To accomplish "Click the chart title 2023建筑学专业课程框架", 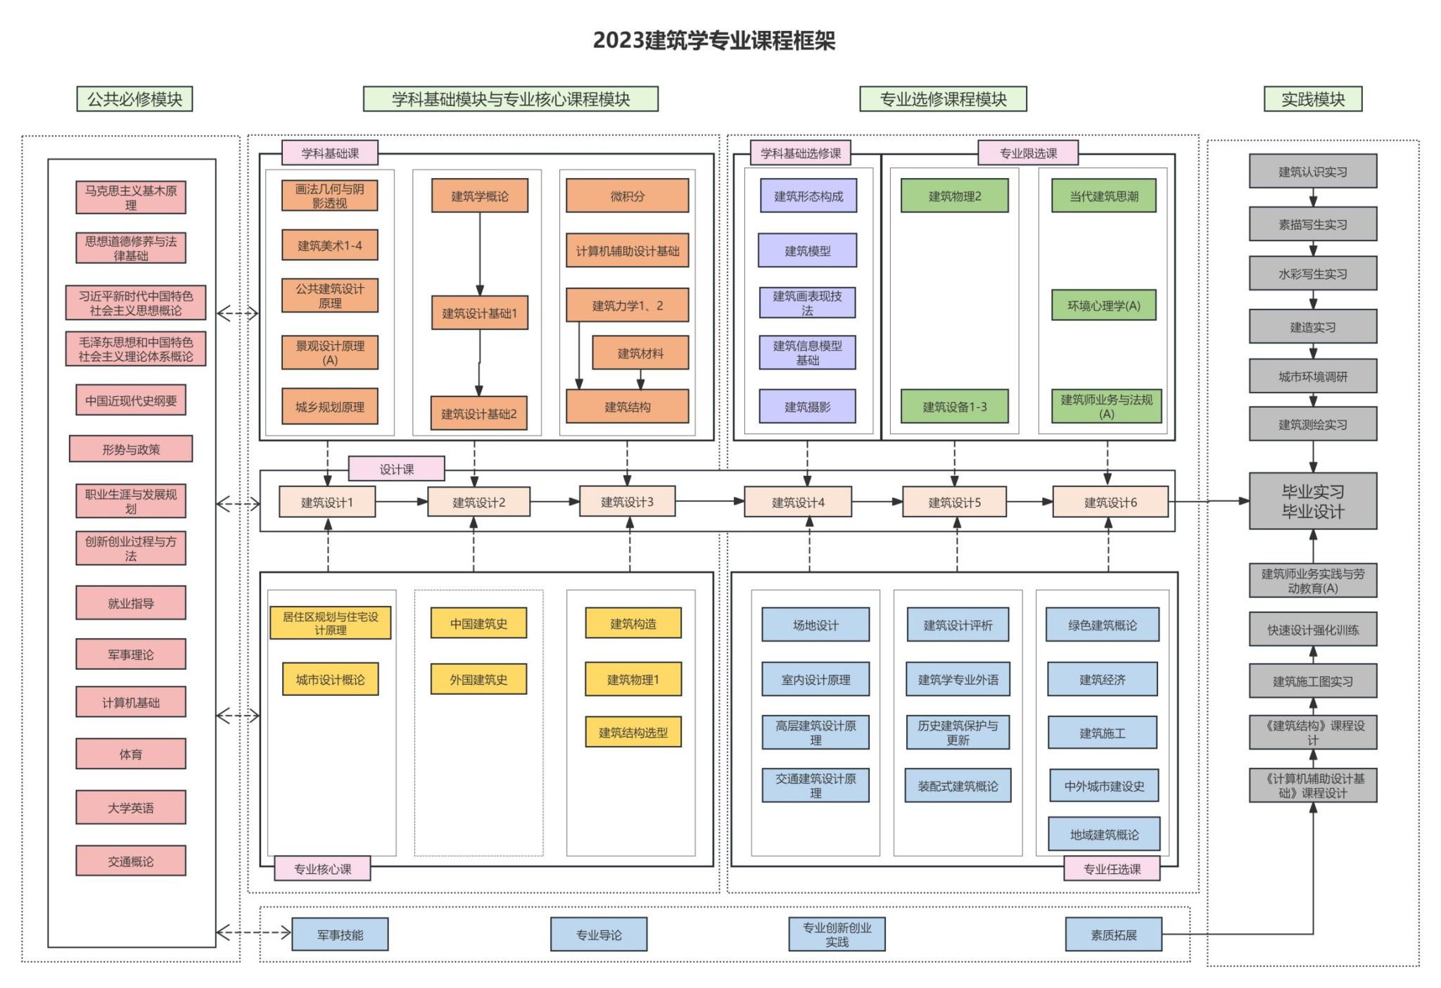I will pyautogui.click(x=713, y=40).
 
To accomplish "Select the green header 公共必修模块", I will pyautogui.click(x=134, y=99).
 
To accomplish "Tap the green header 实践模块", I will pyautogui.click(x=1312, y=99).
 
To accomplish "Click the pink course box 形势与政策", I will pyautogui.click(x=131, y=449).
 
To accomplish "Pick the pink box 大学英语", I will pyautogui.click(x=131, y=807).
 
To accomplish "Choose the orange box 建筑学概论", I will pyautogui.click(x=480, y=196).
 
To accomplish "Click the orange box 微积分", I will pyautogui.click(x=627, y=196).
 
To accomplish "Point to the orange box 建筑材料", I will pyautogui.click(x=640, y=353).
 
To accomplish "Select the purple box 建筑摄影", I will pyautogui.click(x=807, y=407).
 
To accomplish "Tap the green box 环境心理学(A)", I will pyautogui.click(x=1103, y=305).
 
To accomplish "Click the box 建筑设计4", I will pyautogui.click(x=798, y=502).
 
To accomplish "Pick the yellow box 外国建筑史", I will pyautogui.click(x=478, y=679).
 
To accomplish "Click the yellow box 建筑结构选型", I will pyautogui.click(x=633, y=733).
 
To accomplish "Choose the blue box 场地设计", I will pyautogui.click(x=815, y=625).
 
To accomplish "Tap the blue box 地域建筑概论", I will pyautogui.click(x=1104, y=835).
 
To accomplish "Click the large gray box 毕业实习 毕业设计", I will pyautogui.click(x=1312, y=501).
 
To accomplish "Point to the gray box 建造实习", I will pyautogui.click(x=1312, y=327).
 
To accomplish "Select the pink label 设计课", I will pyautogui.click(x=397, y=469).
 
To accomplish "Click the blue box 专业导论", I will pyautogui.click(x=599, y=935).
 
